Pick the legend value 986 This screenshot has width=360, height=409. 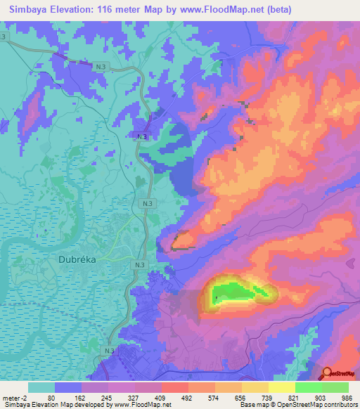click(x=347, y=397)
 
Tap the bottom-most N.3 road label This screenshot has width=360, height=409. click(x=109, y=350)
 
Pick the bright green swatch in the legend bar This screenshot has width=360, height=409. click(x=309, y=387)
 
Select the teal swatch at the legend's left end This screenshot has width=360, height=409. click(x=41, y=387)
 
